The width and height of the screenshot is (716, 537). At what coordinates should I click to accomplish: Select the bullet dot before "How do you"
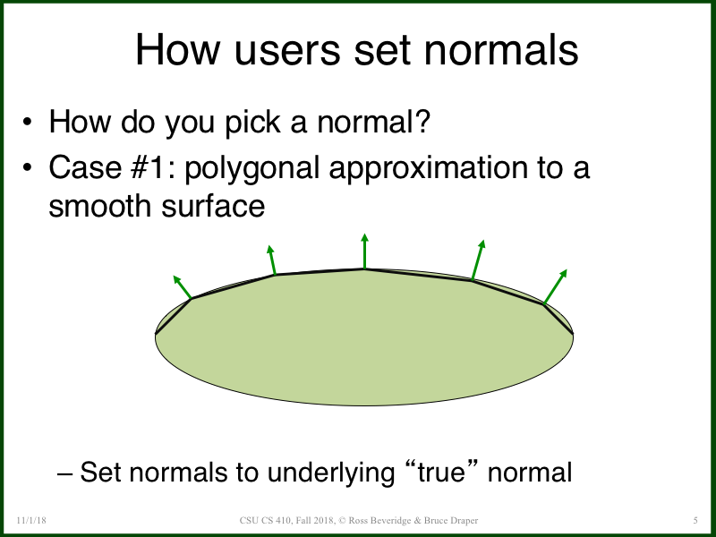(x=30, y=123)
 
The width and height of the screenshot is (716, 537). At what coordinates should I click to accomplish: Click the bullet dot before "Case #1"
(x=30, y=168)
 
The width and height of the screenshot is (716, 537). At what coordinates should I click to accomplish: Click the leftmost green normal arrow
(x=183, y=287)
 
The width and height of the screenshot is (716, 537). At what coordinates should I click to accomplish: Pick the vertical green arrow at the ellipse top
(x=364, y=251)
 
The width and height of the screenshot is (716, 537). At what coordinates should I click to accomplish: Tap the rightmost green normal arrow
(x=555, y=286)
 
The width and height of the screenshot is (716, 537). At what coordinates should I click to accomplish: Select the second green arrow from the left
(x=271, y=260)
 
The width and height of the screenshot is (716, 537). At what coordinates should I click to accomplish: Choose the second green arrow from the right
(x=477, y=260)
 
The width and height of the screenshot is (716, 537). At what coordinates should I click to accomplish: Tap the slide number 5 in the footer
(x=695, y=520)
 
